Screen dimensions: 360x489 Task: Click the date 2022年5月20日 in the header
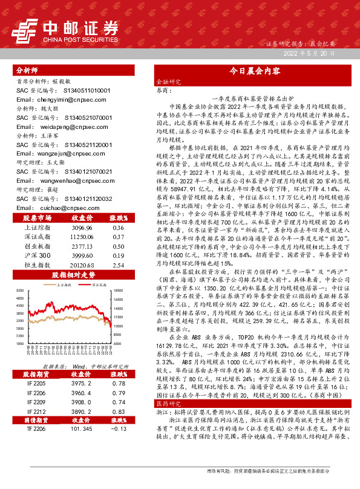309,54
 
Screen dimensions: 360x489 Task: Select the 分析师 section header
28,70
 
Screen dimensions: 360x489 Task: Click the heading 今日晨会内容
254,71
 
